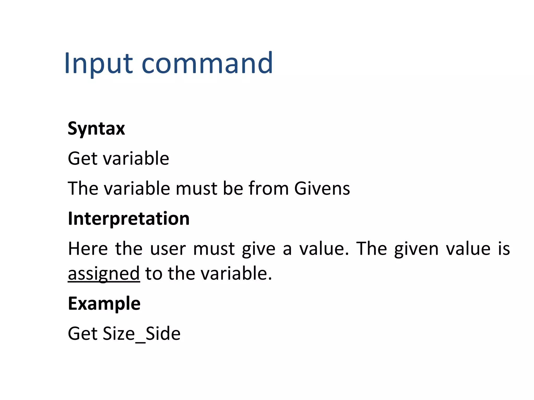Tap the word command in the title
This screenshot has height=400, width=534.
(x=207, y=63)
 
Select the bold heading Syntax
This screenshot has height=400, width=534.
(x=96, y=129)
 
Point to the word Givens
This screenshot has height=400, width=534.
(x=322, y=188)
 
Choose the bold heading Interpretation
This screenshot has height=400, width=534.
(x=129, y=218)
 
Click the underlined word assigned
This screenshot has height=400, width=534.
(x=104, y=273)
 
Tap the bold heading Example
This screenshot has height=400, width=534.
(x=104, y=304)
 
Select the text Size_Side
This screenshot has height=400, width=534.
(x=142, y=334)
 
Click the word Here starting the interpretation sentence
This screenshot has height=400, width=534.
(x=88, y=248)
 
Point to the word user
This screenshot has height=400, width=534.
(x=168, y=248)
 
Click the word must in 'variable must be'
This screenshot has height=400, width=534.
(x=196, y=188)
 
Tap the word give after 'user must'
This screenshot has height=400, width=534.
(x=258, y=249)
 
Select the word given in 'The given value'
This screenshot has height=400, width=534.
(x=416, y=249)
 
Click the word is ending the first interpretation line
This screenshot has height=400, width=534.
(x=504, y=248)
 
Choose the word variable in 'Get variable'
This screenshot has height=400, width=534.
(x=136, y=158)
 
